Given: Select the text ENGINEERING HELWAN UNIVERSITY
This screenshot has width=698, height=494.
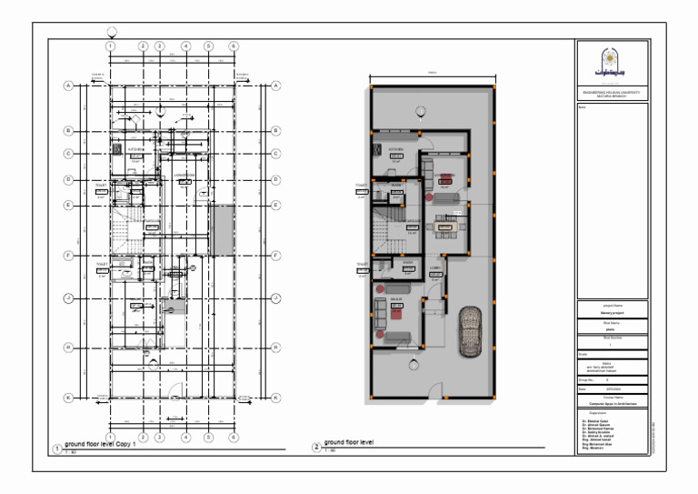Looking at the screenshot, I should [612, 91].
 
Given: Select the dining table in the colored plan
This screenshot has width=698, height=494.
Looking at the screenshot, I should [446, 223].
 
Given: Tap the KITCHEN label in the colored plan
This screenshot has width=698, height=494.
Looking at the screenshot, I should [396, 148].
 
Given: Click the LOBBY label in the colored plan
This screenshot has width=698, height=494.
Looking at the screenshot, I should [436, 267].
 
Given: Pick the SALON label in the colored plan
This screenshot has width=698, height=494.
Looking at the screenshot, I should [396, 298].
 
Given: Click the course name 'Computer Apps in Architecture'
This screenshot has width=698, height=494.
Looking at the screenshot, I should [612, 401].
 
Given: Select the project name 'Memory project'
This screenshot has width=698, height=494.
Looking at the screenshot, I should [612, 312].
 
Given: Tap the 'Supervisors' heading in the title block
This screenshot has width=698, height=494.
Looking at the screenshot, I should [597, 412].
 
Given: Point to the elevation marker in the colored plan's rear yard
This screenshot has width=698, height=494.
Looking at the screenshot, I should [421, 112].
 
